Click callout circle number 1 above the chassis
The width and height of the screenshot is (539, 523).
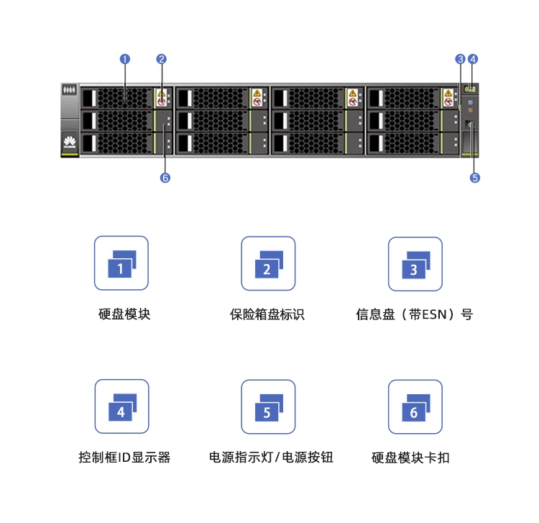click(x=125, y=59)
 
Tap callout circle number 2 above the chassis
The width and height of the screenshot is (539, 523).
click(x=161, y=59)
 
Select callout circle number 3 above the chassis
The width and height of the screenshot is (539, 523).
click(x=460, y=59)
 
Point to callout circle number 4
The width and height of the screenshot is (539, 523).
click(x=473, y=59)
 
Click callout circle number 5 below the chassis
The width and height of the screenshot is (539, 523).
click(x=475, y=178)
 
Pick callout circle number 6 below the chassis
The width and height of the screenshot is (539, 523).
click(x=165, y=178)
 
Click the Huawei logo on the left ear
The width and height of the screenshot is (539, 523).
click(x=70, y=142)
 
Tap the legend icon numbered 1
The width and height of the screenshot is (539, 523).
click(x=121, y=263)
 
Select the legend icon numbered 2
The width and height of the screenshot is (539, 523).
click(x=268, y=263)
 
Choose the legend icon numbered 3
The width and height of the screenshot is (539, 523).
click(x=415, y=264)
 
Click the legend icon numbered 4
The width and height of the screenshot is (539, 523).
click(x=121, y=406)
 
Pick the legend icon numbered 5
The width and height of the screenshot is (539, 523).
click(x=268, y=406)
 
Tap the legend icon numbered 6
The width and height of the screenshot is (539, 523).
click(x=415, y=406)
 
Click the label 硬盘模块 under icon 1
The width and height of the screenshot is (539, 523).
click(x=124, y=314)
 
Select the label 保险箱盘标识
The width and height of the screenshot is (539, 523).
click(x=267, y=314)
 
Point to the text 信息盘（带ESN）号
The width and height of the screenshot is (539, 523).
click(x=415, y=314)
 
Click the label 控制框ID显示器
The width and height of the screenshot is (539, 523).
click(x=124, y=458)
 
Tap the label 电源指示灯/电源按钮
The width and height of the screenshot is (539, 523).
click(x=271, y=458)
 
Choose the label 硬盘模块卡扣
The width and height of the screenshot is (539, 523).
click(x=410, y=458)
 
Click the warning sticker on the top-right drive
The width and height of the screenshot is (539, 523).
click(x=448, y=98)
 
